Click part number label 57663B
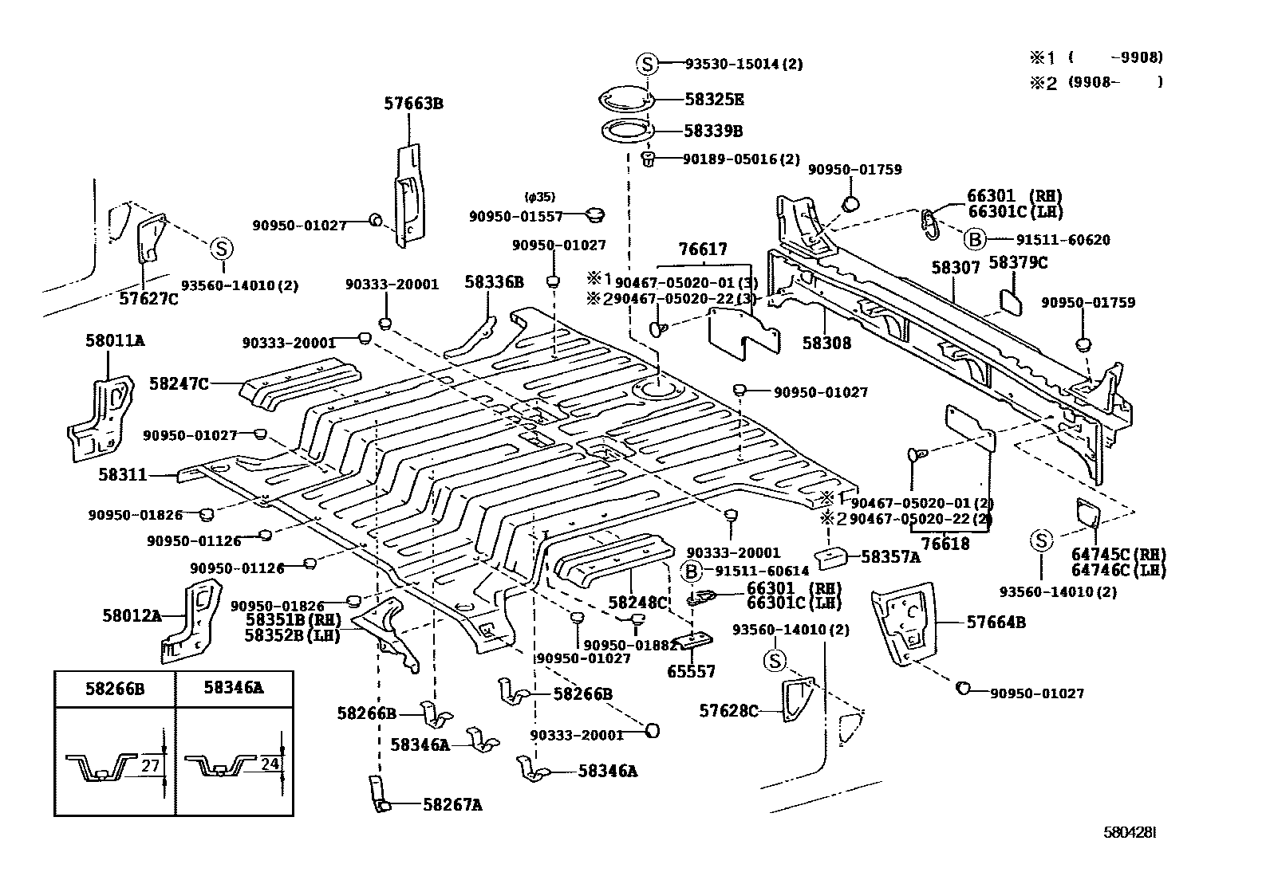tap(412, 104)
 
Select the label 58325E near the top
tap(714, 100)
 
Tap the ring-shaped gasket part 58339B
tap(626, 131)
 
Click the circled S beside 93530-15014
tap(647, 65)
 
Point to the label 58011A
tap(115, 340)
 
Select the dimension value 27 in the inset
tap(152, 766)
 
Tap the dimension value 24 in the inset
tap(270, 764)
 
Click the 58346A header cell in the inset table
tap(233, 688)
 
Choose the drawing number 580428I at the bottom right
tap(1130, 832)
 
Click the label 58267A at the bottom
tap(452, 805)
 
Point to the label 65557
tap(692, 672)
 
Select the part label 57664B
tap(996, 623)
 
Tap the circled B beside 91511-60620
tap(974, 239)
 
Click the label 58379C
tap(1018, 262)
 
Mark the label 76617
tap(702, 250)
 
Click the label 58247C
tap(179, 384)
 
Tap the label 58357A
tap(891, 557)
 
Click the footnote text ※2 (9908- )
tap(1094, 82)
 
